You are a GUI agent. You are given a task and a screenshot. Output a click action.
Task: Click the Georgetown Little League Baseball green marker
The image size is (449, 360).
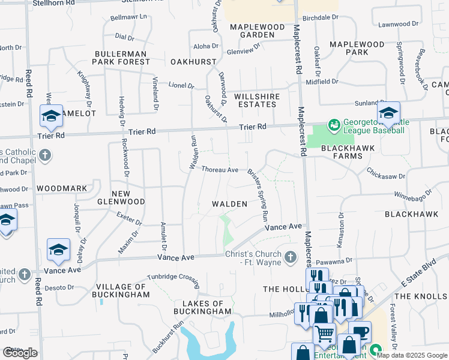334,125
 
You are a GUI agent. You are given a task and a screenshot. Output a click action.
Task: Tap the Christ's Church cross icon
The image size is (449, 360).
290,257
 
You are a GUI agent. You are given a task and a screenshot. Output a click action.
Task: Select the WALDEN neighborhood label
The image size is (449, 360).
230,205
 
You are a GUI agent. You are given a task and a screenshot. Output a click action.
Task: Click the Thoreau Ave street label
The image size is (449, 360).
220,170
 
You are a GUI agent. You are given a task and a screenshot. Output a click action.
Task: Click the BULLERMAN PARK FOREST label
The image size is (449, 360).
121,57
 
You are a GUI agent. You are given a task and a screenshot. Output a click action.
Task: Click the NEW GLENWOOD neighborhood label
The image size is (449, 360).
121,197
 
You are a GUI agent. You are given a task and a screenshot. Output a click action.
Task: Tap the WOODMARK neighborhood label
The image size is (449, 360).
62,188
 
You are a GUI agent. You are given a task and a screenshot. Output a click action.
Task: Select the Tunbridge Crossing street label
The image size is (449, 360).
173,278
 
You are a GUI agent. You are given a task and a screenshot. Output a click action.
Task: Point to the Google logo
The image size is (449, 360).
20,353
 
